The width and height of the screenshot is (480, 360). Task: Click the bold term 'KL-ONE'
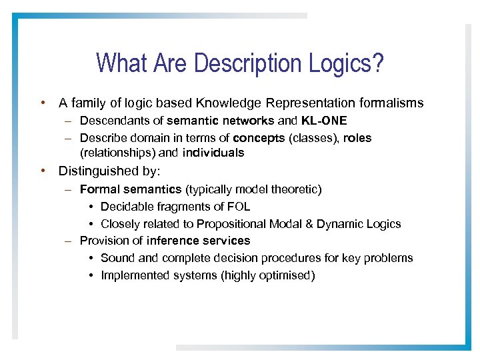tap(324, 121)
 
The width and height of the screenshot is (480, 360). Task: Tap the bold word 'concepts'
tap(258, 138)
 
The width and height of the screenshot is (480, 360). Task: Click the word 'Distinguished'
tap(95, 171)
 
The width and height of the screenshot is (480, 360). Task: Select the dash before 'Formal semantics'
tap(69, 190)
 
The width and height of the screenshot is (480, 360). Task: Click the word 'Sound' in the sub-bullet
tap(116, 258)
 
